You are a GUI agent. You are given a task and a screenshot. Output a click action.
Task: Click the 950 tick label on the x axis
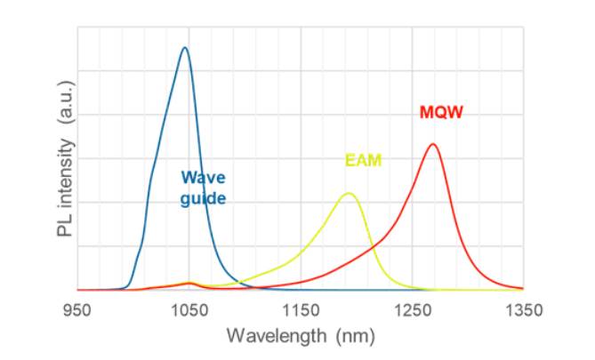77,311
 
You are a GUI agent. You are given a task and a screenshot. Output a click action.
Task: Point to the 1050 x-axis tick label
189,311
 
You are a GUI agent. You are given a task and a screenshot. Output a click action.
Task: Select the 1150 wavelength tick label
301,311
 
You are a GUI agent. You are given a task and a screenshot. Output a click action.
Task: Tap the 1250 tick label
413,311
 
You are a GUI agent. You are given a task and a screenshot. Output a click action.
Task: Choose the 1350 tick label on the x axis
524,311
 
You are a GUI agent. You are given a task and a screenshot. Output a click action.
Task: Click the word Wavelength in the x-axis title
277,336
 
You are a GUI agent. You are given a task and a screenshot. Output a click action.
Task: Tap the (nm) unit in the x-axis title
356,336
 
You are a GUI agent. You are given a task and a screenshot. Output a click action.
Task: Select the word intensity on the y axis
65,176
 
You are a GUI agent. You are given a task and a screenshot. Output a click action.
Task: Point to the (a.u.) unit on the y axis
66,102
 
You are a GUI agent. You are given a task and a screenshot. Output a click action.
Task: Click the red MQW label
441,112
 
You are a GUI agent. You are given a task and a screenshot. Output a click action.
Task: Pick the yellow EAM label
363,160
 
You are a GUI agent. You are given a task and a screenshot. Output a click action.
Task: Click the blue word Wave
204,177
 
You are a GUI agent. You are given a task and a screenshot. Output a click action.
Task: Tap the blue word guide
203,198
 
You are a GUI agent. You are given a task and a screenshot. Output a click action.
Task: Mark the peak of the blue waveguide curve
185,47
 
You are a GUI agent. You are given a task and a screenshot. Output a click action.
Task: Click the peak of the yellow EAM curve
349,194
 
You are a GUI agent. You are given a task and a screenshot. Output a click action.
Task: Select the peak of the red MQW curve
432,144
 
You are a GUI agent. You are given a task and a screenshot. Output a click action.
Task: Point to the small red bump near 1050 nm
190,283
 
